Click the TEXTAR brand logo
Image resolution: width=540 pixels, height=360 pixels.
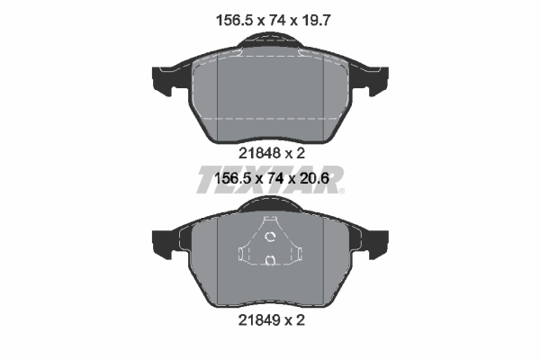[270, 177]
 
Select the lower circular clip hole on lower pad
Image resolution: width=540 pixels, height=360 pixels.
[270, 261]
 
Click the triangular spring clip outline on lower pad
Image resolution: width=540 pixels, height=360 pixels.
[270, 247]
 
